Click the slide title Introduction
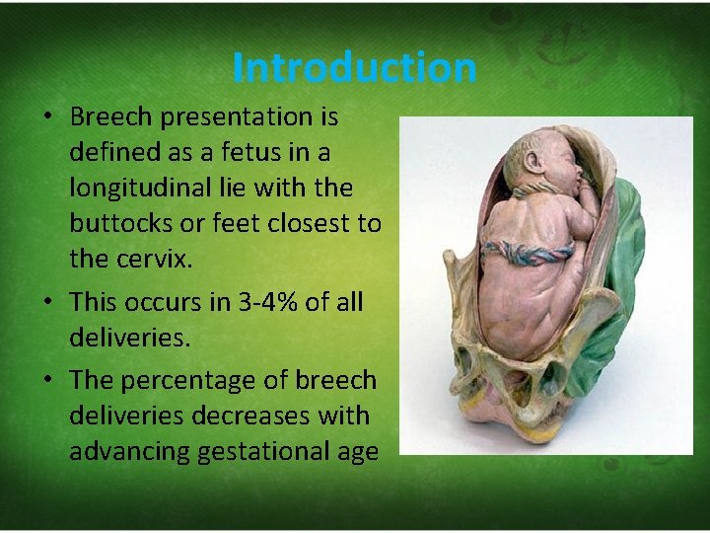click(x=355, y=68)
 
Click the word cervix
click(x=148, y=260)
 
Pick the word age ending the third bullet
click(x=357, y=451)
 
